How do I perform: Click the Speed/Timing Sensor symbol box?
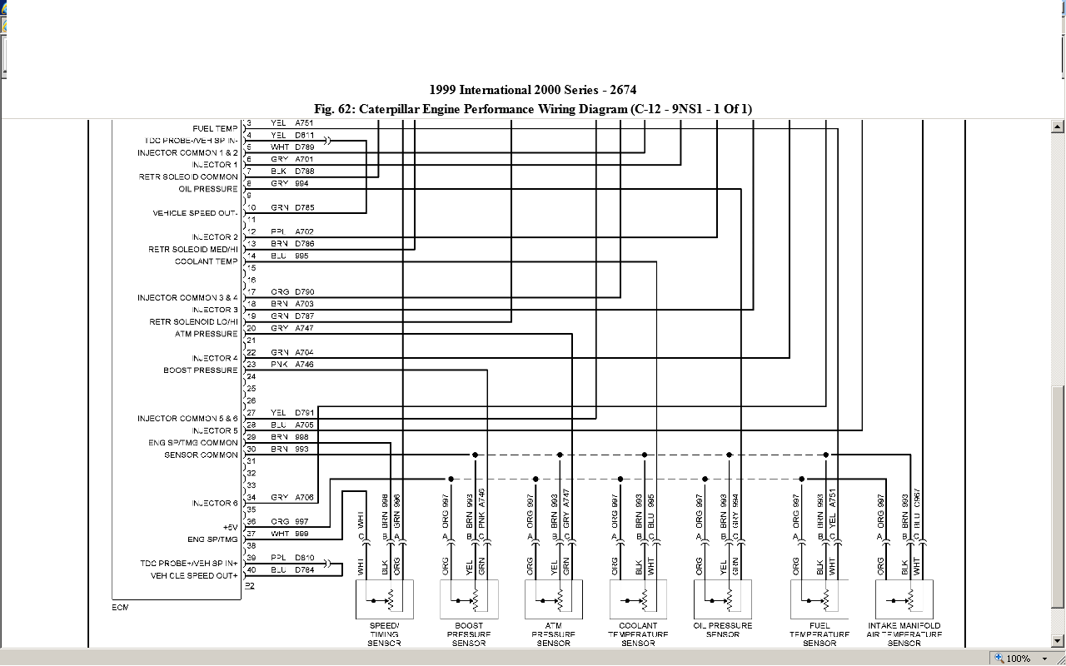coord(384,599)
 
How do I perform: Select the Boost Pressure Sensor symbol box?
coord(469,599)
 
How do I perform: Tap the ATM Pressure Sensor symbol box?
coord(554,599)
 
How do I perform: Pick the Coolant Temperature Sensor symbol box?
coord(638,599)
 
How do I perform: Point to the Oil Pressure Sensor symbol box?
coord(723,599)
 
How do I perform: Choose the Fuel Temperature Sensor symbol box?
coord(819,599)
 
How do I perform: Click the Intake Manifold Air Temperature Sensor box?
coord(904,599)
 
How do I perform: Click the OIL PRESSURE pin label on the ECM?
coord(208,189)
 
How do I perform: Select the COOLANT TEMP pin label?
coord(206,261)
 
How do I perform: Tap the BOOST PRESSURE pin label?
coord(201,370)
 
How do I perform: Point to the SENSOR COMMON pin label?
coord(201,455)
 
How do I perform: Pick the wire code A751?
coord(304,123)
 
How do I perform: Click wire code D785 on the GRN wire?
coord(304,207)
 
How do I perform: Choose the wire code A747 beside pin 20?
coord(304,329)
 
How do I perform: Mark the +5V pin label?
coord(230,528)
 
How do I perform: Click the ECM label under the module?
coord(121,608)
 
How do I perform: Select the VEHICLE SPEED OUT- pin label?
coord(195,213)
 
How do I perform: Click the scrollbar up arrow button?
coord(1058,127)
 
